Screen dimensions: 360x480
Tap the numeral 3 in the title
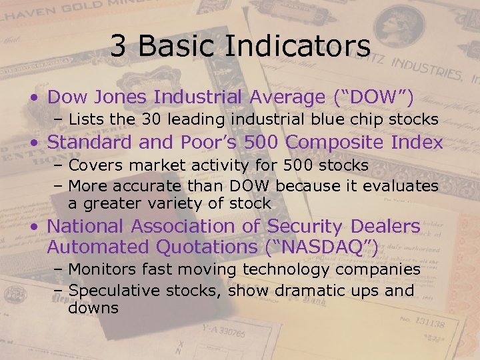[x=117, y=46]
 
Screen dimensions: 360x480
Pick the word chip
[x=361, y=120]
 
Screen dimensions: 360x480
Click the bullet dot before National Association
[x=34, y=227]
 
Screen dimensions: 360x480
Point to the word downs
[x=93, y=308]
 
